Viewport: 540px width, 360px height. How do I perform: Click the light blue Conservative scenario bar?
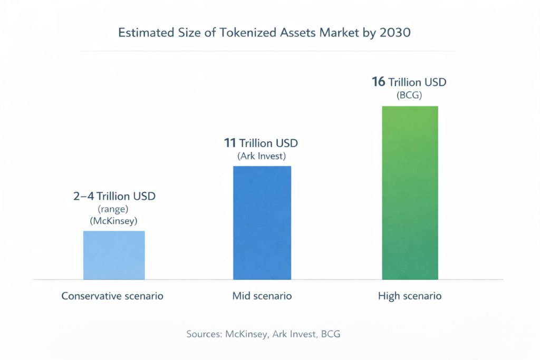click(114, 255)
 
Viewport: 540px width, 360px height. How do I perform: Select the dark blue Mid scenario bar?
click(262, 222)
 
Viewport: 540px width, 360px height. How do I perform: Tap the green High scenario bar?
click(410, 192)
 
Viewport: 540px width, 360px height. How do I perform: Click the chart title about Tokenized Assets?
click(264, 33)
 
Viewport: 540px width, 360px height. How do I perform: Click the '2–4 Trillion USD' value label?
click(114, 197)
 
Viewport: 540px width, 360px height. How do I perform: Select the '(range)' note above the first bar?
click(114, 209)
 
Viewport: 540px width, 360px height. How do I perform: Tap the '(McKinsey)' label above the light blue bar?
click(114, 221)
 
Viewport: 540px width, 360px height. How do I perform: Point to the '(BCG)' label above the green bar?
click(410, 95)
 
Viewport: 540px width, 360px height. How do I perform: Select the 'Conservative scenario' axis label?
click(112, 296)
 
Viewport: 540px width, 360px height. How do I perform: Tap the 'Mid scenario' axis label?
click(262, 296)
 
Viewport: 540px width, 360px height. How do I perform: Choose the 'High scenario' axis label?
click(410, 296)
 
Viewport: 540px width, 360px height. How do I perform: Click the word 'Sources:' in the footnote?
click(205, 334)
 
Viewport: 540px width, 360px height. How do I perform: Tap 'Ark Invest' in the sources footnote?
click(295, 334)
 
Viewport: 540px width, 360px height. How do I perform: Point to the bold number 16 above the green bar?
click(379, 82)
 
